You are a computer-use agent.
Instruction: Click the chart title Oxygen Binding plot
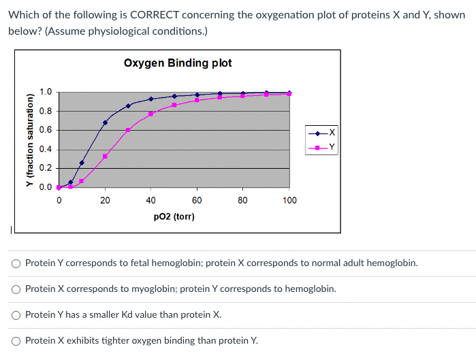click(178, 63)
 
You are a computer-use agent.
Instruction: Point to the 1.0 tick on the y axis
click(46, 92)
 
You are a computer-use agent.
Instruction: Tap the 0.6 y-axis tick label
click(46, 130)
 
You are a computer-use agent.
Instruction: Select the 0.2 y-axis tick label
click(46, 168)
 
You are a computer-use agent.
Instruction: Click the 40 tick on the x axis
click(150, 200)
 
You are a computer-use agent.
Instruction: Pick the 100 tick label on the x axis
click(289, 200)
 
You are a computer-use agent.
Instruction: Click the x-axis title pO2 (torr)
click(174, 216)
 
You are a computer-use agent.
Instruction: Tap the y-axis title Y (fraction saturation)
click(29, 140)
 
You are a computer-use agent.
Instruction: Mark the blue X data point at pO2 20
click(105, 122)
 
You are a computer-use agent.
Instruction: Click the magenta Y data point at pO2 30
click(128, 129)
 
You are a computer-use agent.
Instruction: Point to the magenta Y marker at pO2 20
click(105, 156)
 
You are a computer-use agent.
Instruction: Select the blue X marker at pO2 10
click(82, 163)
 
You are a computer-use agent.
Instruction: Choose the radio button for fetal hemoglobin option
click(15, 263)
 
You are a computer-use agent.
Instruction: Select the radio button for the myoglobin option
click(15, 289)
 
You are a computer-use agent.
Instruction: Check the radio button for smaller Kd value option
click(15, 314)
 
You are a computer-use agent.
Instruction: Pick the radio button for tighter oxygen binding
click(15, 340)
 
